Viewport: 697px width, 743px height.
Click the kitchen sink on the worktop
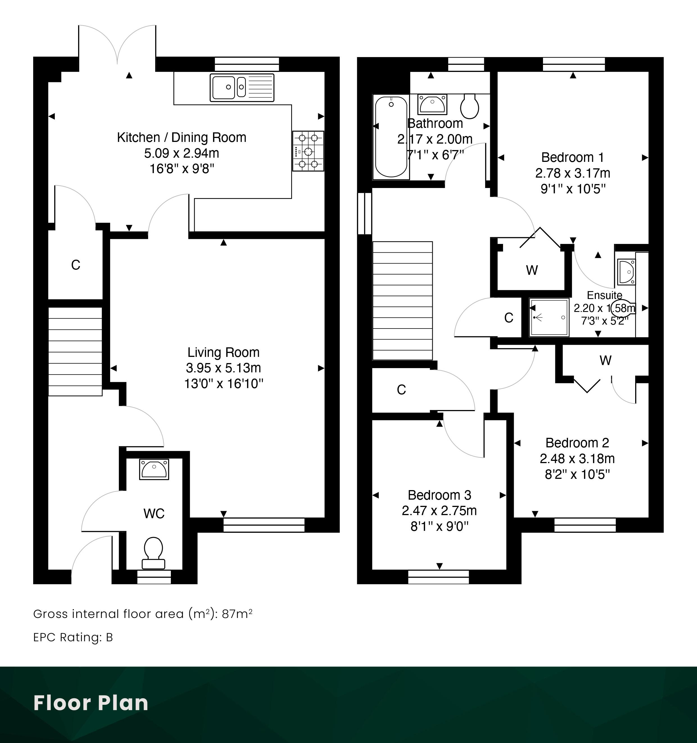coord(242,87)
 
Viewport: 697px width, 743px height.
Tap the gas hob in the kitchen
coord(308,151)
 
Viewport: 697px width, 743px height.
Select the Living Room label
coord(223,352)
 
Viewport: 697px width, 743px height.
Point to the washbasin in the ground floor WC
coord(154,469)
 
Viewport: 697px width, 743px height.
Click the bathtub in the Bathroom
coord(391,137)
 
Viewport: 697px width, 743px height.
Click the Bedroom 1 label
coord(572,157)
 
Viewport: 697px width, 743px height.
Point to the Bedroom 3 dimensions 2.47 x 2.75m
coord(439,511)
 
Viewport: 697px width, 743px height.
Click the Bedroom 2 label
coord(577,443)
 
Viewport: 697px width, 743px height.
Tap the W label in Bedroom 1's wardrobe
coord(532,270)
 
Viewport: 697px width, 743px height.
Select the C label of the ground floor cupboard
coord(76,265)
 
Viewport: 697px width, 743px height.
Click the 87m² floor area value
coord(237,614)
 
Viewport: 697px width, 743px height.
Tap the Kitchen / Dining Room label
coord(182,137)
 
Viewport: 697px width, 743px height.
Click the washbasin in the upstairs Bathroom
coord(433,104)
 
